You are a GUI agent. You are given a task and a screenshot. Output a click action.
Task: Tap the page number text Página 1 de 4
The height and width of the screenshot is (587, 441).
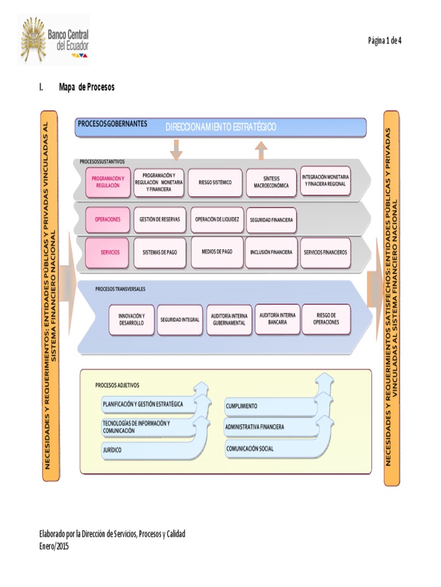pyautogui.click(x=384, y=40)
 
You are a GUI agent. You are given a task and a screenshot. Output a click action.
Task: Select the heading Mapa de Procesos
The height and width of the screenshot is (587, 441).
pyautogui.click(x=87, y=87)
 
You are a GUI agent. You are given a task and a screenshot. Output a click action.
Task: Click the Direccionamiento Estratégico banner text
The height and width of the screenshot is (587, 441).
pyautogui.click(x=221, y=127)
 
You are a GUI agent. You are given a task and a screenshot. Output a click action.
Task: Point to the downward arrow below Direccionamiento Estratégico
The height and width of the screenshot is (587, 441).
pyautogui.click(x=176, y=150)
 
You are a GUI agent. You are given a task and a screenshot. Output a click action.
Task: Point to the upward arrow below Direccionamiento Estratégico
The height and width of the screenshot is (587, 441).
pyautogui.click(x=261, y=150)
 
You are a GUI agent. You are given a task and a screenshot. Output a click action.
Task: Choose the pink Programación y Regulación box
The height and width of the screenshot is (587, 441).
pyautogui.click(x=108, y=182)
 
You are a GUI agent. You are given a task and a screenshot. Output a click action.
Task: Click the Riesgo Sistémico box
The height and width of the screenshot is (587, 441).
pyautogui.click(x=215, y=182)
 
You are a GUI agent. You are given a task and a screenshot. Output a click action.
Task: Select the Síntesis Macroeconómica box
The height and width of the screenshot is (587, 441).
pyautogui.click(x=271, y=182)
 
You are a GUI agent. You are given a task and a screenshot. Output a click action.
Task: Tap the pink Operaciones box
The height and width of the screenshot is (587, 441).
pyautogui.click(x=108, y=220)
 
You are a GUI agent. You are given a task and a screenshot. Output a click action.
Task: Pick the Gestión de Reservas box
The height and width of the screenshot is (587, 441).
pyautogui.click(x=160, y=220)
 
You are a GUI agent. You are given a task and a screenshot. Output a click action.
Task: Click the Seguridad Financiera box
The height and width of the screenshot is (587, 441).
pyautogui.click(x=271, y=220)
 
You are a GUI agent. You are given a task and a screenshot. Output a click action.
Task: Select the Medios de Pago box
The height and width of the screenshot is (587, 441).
pyautogui.click(x=217, y=252)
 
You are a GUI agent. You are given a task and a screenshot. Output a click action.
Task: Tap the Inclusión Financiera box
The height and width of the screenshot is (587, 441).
pyautogui.click(x=271, y=252)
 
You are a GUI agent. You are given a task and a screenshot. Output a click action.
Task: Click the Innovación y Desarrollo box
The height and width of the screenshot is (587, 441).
pyautogui.click(x=131, y=319)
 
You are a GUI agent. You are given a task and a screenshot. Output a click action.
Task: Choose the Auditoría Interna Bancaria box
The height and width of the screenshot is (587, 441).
pyautogui.click(x=277, y=319)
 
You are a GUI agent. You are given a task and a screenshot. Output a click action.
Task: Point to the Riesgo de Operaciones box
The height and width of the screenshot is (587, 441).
pyautogui.click(x=326, y=319)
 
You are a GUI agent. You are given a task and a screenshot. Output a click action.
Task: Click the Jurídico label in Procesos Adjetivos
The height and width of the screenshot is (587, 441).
pyautogui.click(x=113, y=450)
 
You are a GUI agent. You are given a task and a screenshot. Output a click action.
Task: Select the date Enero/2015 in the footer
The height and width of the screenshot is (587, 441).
pyautogui.click(x=53, y=546)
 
